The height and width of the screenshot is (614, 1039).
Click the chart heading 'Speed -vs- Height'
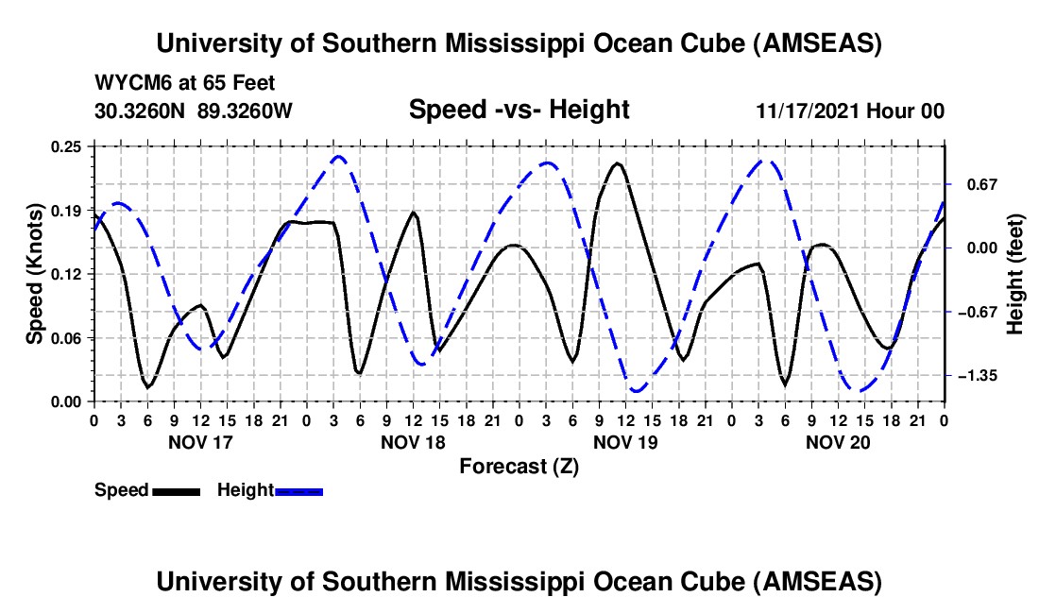[519, 110]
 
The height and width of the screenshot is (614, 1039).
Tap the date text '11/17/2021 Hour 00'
[850, 111]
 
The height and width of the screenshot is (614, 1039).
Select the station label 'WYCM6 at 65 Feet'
[185, 84]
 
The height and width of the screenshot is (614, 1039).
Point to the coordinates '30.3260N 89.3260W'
[194, 111]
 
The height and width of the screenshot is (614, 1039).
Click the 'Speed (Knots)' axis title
[35, 274]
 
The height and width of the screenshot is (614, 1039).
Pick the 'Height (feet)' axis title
[1015, 274]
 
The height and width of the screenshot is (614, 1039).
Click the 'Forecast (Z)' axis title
[519, 466]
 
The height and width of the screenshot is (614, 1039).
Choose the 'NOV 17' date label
[199, 441]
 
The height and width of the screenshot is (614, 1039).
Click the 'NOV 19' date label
[623, 441]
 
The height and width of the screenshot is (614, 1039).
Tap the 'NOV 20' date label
[836, 441]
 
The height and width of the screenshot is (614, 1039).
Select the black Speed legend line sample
[176, 491]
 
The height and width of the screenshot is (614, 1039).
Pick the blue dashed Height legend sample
[299, 491]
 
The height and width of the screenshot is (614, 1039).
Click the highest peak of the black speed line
[618, 163]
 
